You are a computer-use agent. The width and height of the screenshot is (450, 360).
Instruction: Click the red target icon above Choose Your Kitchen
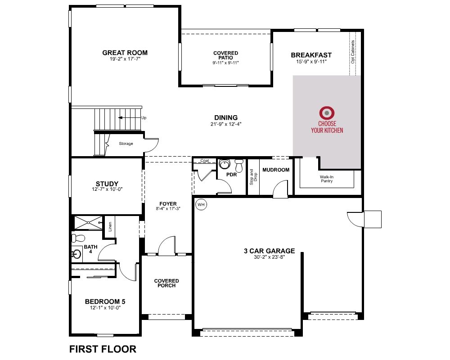[x=327, y=113]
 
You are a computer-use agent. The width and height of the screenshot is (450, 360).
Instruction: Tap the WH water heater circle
[x=201, y=205]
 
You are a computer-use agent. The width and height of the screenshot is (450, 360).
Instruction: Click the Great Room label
[x=125, y=53]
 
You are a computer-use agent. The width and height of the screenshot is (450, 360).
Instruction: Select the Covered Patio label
[x=225, y=55]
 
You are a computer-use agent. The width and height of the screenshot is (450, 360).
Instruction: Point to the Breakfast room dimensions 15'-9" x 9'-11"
[x=311, y=62]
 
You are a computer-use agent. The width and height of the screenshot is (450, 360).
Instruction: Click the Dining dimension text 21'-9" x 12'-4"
[x=226, y=124]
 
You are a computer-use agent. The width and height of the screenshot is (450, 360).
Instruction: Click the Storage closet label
[x=126, y=144]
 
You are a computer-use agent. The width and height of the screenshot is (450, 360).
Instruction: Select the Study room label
[x=107, y=184]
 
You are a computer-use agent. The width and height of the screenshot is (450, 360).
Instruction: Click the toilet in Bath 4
[x=78, y=238]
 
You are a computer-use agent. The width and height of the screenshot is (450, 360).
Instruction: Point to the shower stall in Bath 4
[x=88, y=223]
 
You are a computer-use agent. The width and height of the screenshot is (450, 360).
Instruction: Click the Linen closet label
[x=110, y=227]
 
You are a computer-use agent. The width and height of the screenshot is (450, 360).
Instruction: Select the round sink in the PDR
[x=225, y=164]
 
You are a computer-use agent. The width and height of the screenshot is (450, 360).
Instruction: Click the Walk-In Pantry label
[x=327, y=179]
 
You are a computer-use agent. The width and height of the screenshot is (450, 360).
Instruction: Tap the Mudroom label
[x=276, y=170]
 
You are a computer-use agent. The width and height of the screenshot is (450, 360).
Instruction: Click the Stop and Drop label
[x=253, y=177]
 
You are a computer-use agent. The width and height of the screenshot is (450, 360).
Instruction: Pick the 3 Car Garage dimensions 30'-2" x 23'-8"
[x=269, y=257]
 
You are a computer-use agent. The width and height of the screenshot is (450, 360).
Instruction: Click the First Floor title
[x=103, y=349]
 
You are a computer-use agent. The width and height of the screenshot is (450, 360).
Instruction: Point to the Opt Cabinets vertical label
[x=353, y=52]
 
